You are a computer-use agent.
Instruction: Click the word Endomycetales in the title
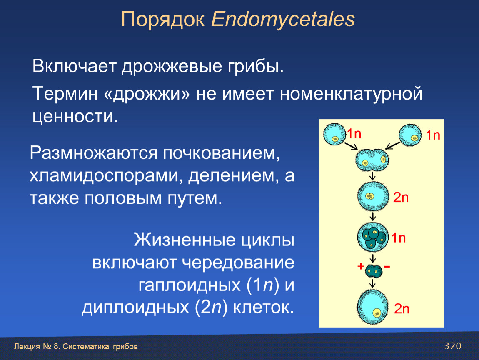pos(283,20)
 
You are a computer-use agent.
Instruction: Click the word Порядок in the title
pos(162,20)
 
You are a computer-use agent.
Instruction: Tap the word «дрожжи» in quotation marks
pos(147,93)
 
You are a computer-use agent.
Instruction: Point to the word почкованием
pos(221,153)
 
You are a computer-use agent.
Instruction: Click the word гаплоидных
pos(190,285)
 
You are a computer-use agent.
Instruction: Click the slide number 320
pos(453,346)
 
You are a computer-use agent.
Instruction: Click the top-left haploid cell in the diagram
pos(334,134)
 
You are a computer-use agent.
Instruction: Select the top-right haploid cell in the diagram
pos(410,135)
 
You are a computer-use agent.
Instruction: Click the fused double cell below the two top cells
pos(372,160)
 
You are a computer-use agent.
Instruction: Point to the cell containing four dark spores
pos(373,237)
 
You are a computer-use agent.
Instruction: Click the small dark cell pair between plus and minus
pos(373,271)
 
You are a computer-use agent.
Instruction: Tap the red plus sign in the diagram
pos(361,267)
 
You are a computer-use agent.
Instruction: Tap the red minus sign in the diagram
pos(387,267)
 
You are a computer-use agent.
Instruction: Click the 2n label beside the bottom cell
pos(402,309)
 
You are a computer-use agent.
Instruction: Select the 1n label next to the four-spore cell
pos(399,238)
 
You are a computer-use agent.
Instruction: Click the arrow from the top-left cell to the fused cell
pos(351,146)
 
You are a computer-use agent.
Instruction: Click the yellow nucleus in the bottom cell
pos(377,312)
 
